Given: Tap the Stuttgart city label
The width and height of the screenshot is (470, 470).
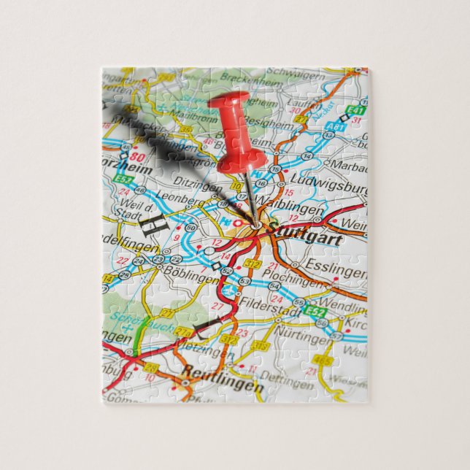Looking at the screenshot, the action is (x=295, y=232).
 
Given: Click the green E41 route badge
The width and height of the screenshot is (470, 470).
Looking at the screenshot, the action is (x=355, y=111).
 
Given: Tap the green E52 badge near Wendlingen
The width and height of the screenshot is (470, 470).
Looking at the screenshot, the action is (x=315, y=312).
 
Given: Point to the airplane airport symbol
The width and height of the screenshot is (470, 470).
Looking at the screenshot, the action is (x=233, y=291).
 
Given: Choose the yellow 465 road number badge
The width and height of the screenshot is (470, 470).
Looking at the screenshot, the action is (x=321, y=361).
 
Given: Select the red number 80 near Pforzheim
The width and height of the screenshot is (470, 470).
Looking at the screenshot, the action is (x=139, y=155).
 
